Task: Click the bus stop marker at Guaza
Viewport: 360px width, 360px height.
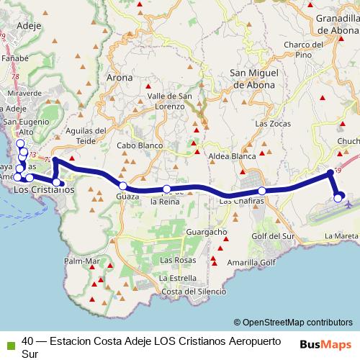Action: tap(123, 186)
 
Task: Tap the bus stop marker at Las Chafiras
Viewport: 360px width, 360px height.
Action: tap(262, 191)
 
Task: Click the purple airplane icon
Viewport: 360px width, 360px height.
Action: tap(350, 204)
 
